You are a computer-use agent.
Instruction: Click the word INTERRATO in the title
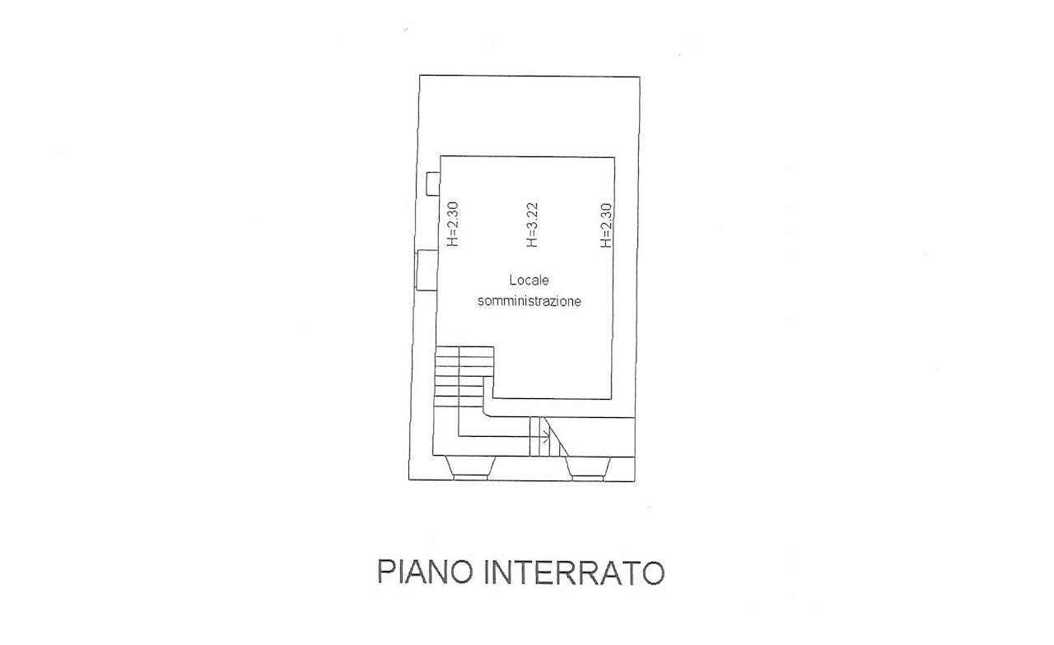[x=575, y=572]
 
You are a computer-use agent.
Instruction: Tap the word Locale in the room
[x=529, y=281]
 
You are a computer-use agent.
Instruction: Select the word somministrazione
[x=529, y=301]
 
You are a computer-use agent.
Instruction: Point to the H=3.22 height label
[x=532, y=225]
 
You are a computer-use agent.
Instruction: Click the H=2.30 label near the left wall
[x=453, y=225]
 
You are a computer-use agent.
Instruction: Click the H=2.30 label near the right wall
[x=606, y=225]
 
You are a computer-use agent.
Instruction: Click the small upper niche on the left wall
[x=433, y=183]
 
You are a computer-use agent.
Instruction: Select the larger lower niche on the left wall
[x=427, y=270]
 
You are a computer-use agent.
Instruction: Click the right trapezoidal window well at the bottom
[x=588, y=468]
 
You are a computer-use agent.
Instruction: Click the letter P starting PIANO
[x=386, y=572]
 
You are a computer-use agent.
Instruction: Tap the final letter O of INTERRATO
[x=654, y=572]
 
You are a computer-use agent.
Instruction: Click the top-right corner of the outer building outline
[x=640, y=77]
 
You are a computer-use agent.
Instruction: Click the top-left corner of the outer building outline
[x=420, y=75]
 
